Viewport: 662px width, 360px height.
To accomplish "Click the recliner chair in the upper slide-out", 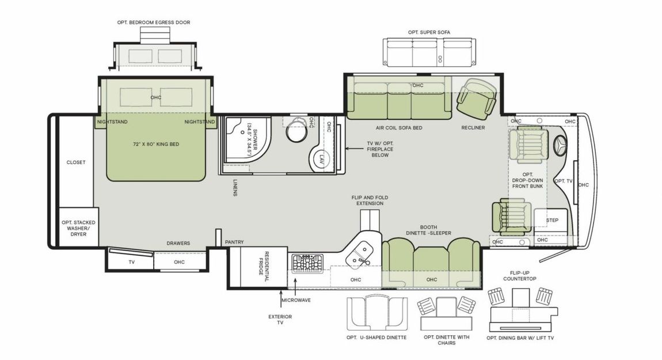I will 476,97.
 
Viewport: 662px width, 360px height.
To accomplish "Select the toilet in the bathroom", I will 297,130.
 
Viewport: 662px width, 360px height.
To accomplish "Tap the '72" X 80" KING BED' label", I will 155,144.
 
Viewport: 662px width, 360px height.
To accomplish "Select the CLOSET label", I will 76,162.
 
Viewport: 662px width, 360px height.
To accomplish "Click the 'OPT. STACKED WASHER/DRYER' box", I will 79,227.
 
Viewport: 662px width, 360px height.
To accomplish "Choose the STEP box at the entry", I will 552,220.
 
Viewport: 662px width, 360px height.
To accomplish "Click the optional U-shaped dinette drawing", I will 377,313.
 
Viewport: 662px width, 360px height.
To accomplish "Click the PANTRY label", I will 234,242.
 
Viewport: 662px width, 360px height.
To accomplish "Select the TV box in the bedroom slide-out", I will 131,262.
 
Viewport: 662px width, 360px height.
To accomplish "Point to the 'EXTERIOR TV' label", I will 280,320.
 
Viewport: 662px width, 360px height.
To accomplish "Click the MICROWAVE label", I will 296,300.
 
